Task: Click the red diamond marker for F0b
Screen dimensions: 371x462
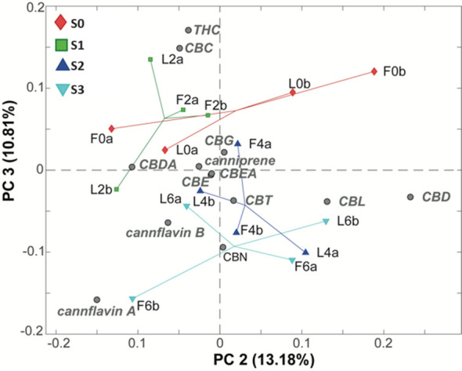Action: click(x=374, y=71)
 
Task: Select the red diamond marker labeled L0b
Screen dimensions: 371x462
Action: click(x=293, y=93)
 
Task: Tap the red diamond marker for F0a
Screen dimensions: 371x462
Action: click(x=112, y=129)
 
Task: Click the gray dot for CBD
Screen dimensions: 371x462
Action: click(x=410, y=197)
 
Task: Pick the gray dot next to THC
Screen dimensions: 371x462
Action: click(x=188, y=31)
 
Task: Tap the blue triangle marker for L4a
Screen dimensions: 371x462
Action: click(x=305, y=252)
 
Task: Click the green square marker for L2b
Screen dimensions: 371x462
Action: click(x=117, y=189)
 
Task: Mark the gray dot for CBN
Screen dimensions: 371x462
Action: click(x=223, y=247)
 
